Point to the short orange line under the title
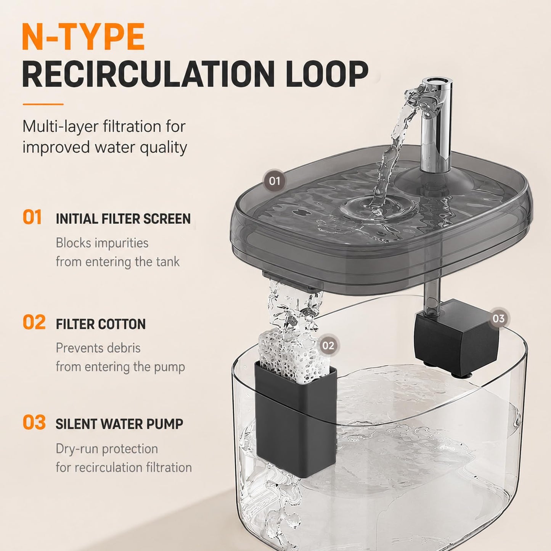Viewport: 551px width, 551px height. pos(43,104)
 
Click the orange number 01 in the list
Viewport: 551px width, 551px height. pos(32,217)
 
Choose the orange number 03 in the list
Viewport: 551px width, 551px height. pos(34,422)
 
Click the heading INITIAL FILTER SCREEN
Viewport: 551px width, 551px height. pos(123,219)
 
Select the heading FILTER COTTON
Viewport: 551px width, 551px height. pos(101,324)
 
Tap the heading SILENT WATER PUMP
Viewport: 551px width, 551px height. pos(119,424)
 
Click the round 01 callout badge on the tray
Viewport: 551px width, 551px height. pos(274,181)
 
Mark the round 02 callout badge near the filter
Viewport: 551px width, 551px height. pos(328,345)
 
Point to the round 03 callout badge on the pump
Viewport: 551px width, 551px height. pos(499,318)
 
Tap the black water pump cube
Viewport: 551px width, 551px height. pos(456,340)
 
